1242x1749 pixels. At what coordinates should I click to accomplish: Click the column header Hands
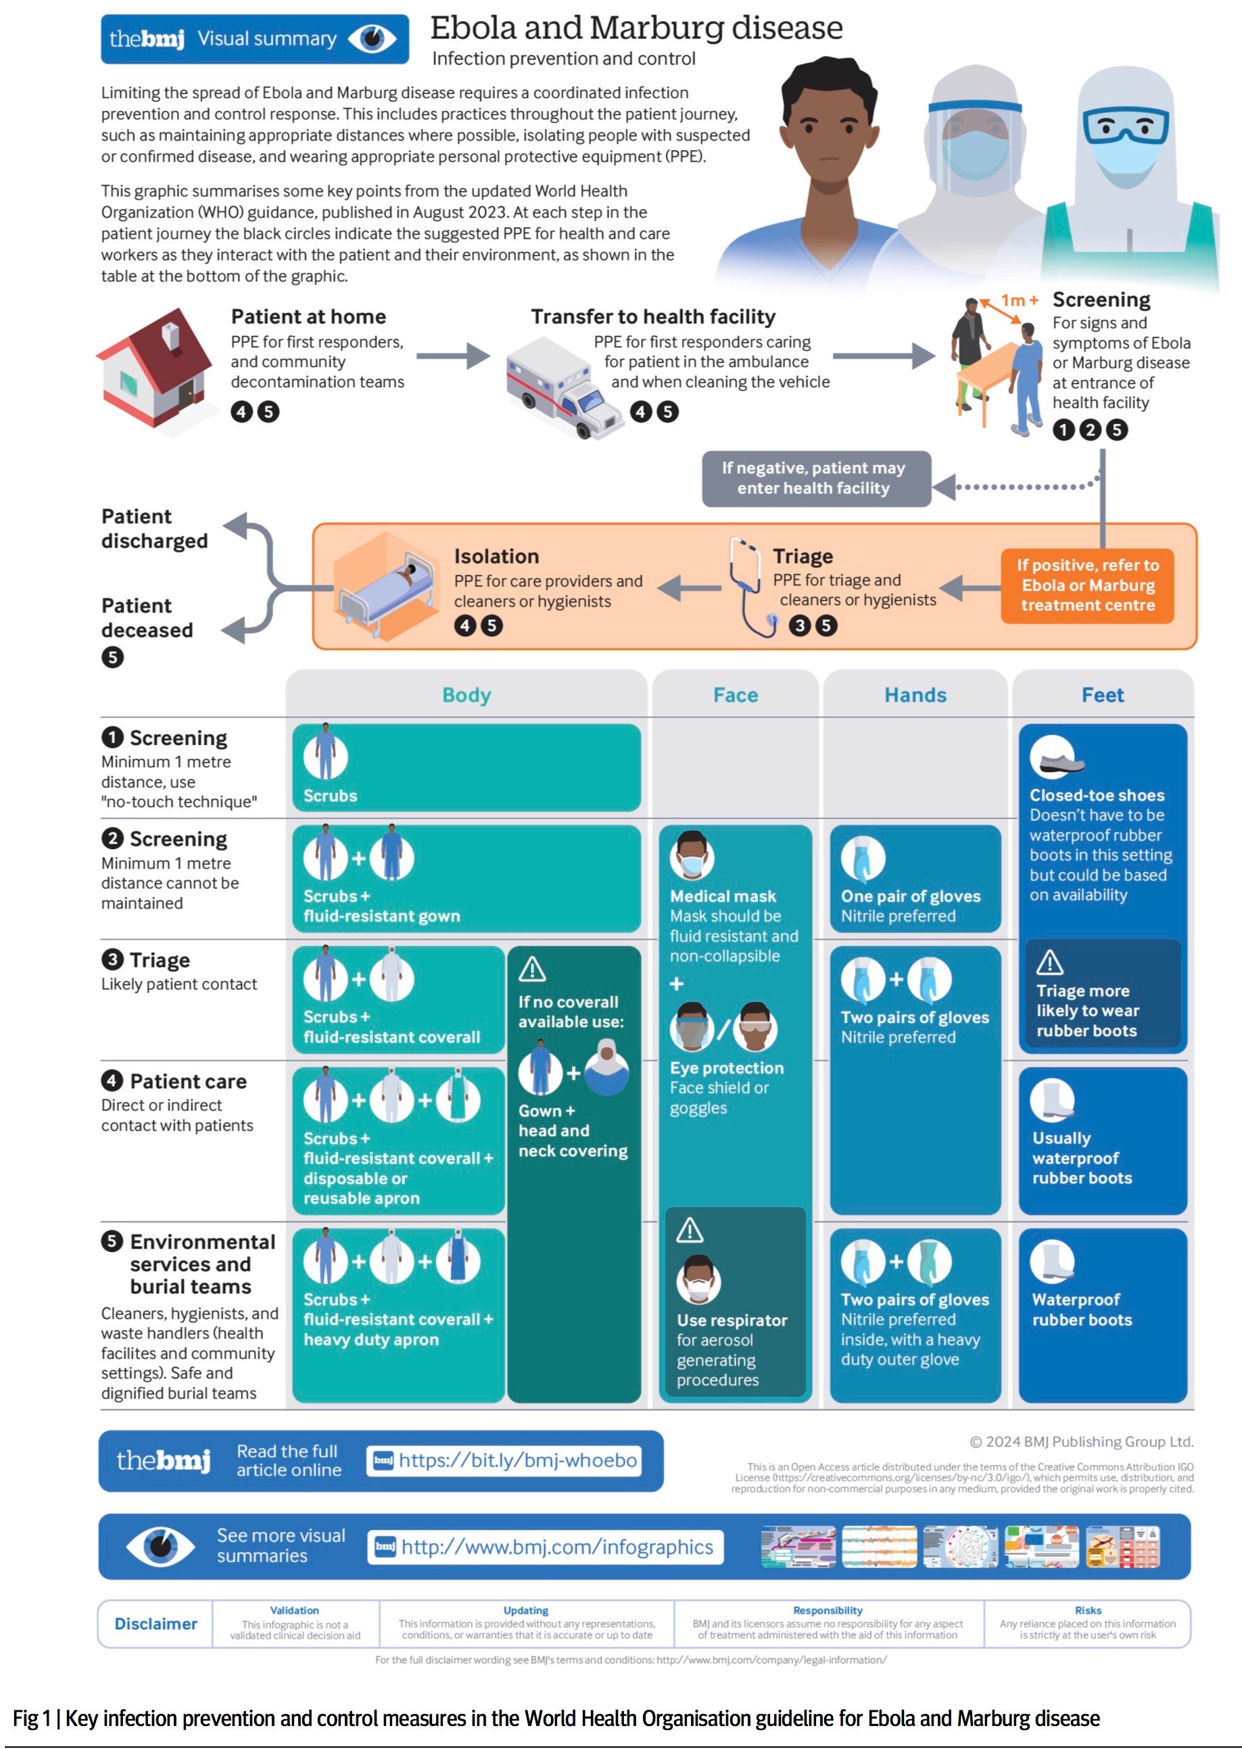click(915, 694)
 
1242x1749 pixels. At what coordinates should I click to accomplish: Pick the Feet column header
click(1102, 694)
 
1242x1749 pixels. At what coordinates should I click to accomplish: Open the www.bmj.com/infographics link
click(556, 1547)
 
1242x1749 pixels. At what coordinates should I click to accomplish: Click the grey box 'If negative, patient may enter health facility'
click(815, 479)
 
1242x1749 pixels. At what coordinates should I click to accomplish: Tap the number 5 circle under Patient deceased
click(112, 657)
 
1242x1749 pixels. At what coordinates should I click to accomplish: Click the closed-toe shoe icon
click(1055, 757)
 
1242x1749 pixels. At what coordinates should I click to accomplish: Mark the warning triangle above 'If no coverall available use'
click(532, 969)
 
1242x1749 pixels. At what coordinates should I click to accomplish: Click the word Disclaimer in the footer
click(156, 1623)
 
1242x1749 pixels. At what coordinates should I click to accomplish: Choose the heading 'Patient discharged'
click(154, 529)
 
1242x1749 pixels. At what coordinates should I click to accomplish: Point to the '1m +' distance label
click(1020, 301)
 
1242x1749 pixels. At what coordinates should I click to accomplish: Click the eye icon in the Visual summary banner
click(373, 39)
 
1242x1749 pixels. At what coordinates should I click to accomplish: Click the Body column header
click(467, 694)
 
